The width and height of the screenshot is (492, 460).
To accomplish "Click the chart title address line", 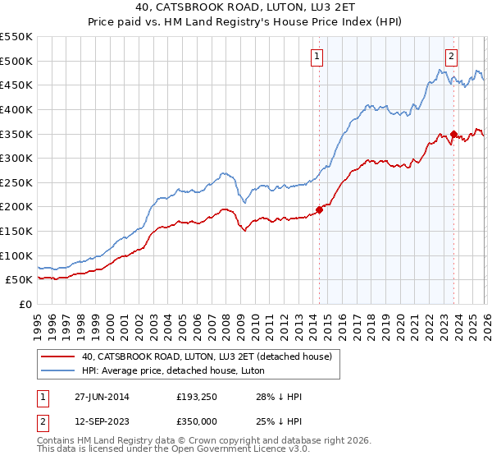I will coord(246,7).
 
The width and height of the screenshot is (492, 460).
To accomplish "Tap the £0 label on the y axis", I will coord(25,304).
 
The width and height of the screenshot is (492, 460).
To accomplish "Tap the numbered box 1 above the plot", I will coord(317,57).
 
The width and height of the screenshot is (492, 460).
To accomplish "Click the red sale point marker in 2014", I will coord(318,209).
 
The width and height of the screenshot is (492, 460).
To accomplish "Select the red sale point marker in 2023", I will coord(453,134).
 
